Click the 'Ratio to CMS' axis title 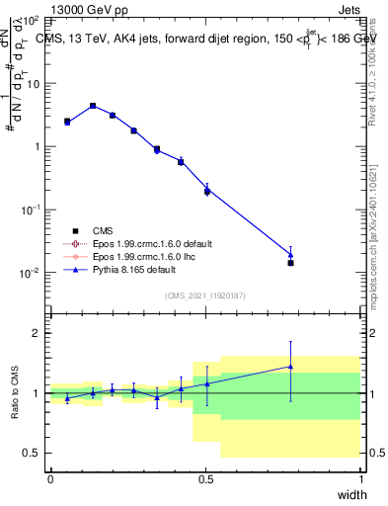15,392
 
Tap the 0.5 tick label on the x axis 205,478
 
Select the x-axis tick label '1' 360,478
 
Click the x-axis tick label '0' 50,478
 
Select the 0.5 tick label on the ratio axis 33,453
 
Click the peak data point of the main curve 93,106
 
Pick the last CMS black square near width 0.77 290,263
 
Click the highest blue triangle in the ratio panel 290,367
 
